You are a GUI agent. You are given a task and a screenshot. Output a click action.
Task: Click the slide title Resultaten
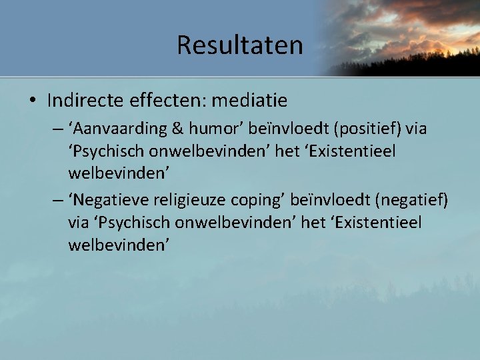coord(239,45)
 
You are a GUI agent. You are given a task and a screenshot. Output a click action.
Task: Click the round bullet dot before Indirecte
coord(33,101)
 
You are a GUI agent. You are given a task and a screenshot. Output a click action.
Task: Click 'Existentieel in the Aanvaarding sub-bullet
coord(358,151)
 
